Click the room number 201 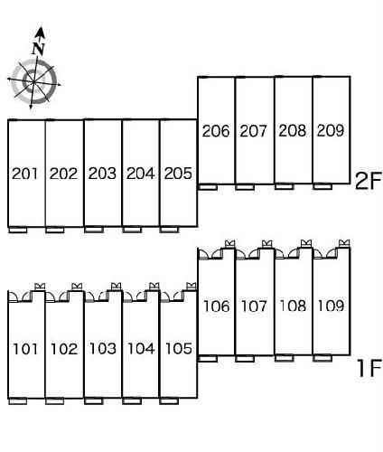click(25, 174)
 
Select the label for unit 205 click(178, 174)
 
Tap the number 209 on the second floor click(331, 130)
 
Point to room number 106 click(217, 306)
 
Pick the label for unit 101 click(26, 349)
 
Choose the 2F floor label click(369, 181)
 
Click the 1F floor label click(369, 368)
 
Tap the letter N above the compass click(39, 49)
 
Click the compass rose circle click(33, 82)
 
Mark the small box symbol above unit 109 click(344, 243)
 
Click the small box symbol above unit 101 click(40, 287)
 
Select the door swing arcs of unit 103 click(97, 297)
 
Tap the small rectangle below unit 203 click(94, 230)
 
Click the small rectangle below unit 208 click(285, 186)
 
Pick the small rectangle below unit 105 click(169, 401)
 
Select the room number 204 click(141, 174)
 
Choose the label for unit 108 click(293, 306)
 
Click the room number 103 click(103, 349)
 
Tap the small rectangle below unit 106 click(208, 359)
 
